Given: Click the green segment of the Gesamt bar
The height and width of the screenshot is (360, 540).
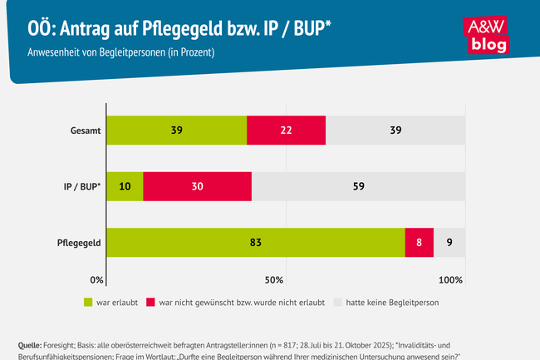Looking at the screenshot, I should coord(177,131).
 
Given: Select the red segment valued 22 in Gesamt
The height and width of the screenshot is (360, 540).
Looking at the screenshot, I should coord(287,131).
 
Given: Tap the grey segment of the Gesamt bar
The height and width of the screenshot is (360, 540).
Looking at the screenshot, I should coord(395,131).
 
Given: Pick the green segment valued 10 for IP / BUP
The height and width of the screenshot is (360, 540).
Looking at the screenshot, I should coord(125,186).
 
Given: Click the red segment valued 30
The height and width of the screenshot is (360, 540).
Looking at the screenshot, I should coord(198,186).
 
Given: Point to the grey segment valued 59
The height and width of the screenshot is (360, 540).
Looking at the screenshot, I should coord(358,186).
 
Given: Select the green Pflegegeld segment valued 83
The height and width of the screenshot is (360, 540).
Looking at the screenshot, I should coord(256,242).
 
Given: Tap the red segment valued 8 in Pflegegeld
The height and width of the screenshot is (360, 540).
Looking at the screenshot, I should coord(419,242).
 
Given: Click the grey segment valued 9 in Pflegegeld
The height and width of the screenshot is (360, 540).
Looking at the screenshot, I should coord(449,242).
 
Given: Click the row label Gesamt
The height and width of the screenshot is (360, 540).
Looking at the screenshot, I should coord(86,131).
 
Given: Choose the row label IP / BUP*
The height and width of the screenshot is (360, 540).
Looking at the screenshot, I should coord(81,186).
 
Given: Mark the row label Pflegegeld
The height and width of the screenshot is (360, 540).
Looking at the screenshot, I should coord(80,242).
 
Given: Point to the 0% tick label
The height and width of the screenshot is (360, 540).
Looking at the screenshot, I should coord(97,279).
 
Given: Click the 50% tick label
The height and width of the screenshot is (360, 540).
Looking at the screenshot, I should coord(275,279).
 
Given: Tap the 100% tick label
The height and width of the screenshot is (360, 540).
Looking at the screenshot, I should coord(450,279).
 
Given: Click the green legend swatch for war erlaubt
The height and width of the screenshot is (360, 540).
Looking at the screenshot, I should coord(90,302).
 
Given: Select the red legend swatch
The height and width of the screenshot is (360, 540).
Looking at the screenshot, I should coord(150,302).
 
